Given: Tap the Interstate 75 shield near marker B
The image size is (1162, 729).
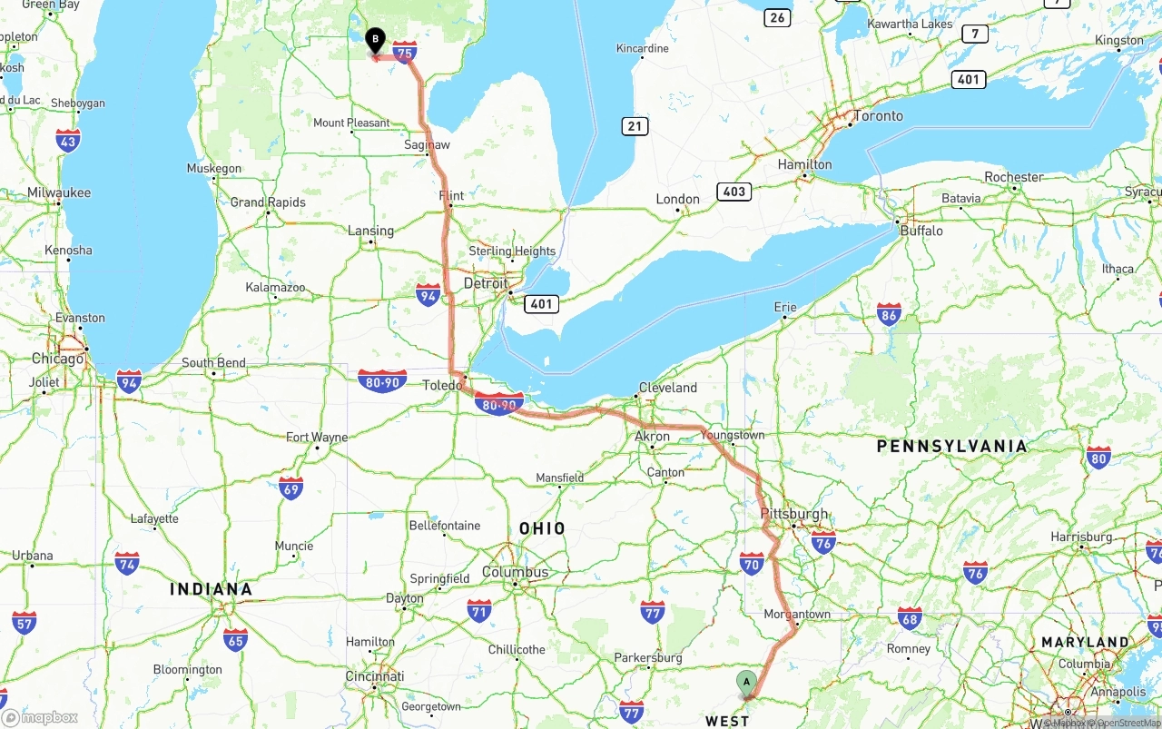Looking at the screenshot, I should point(405,53).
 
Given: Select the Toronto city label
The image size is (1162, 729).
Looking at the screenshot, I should point(878,116).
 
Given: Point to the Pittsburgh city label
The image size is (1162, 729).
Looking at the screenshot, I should point(794,514).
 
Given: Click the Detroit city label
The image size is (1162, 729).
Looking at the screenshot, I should point(486,283).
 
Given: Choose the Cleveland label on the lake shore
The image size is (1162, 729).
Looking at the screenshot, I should point(668,388).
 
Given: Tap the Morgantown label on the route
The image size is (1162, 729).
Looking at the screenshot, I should point(797,614).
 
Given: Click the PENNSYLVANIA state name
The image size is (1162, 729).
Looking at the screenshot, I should point(951,446).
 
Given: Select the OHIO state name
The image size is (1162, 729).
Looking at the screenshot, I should point(542,528).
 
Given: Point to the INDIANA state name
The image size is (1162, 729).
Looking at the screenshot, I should point(211,589).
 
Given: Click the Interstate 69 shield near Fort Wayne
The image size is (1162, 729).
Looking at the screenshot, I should point(290,488).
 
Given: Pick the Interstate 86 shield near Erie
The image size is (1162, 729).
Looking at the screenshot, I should point(889,315).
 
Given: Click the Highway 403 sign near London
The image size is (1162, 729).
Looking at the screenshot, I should point(734,192).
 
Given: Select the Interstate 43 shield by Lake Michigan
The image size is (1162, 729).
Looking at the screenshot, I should point(68,140).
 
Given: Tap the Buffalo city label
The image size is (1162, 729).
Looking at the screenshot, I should point(921,231).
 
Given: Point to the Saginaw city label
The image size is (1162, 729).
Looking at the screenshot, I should point(427,145).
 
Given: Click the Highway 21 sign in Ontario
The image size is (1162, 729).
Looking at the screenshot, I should point(635,126).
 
